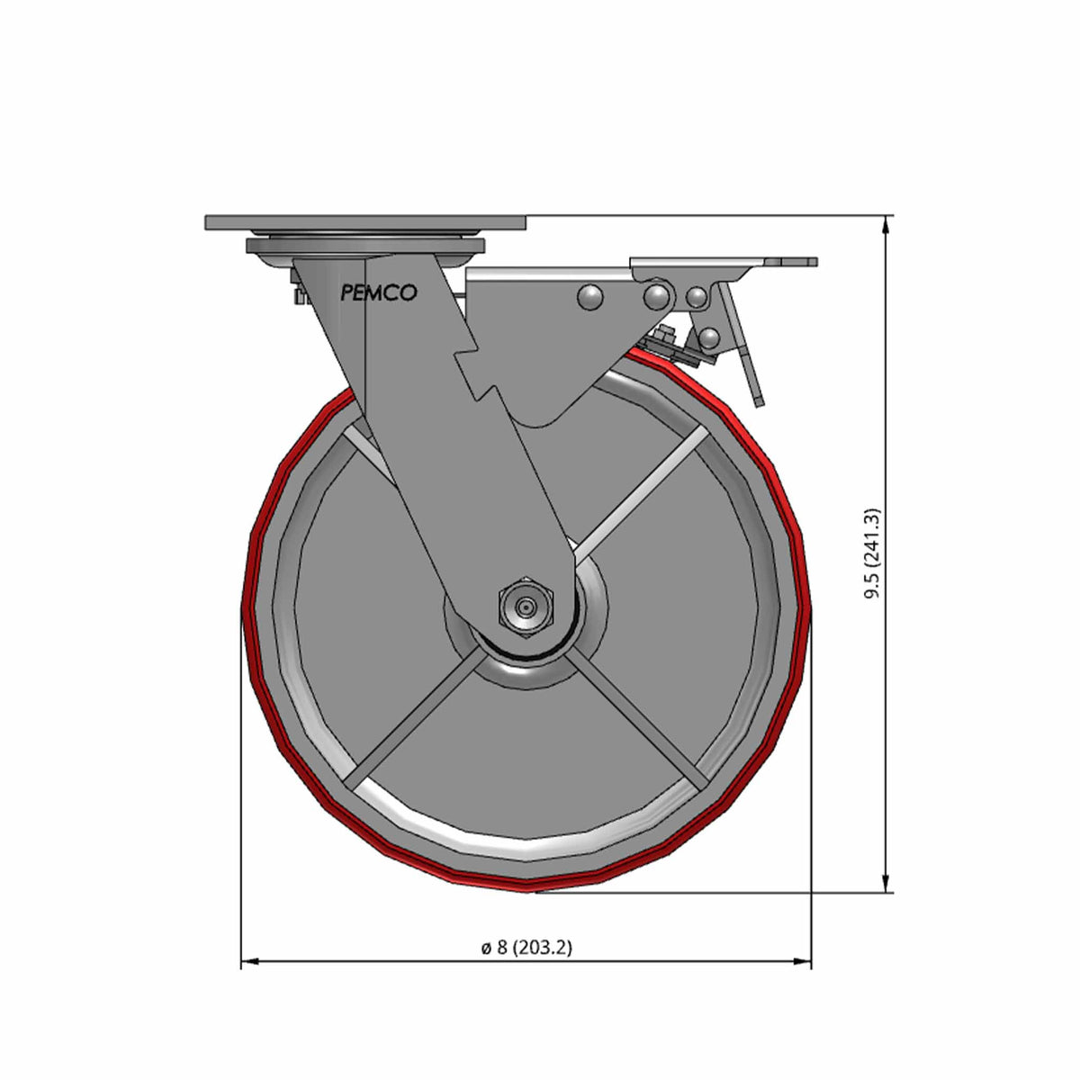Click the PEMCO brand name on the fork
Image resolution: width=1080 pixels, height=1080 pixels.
[378, 292]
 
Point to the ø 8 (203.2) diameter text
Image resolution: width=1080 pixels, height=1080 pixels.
[526, 947]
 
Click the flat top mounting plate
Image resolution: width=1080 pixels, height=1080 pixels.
[364, 222]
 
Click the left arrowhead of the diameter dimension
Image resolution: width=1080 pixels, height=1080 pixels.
[248, 962]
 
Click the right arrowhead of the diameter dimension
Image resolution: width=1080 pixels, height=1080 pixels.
[804, 962]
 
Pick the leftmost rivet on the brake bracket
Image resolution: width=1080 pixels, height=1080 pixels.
[590, 296]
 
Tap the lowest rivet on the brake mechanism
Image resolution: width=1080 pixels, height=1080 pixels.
[709, 337]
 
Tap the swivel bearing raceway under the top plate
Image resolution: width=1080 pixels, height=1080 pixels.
[364, 245]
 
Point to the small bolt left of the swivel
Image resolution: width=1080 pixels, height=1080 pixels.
[294, 294]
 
